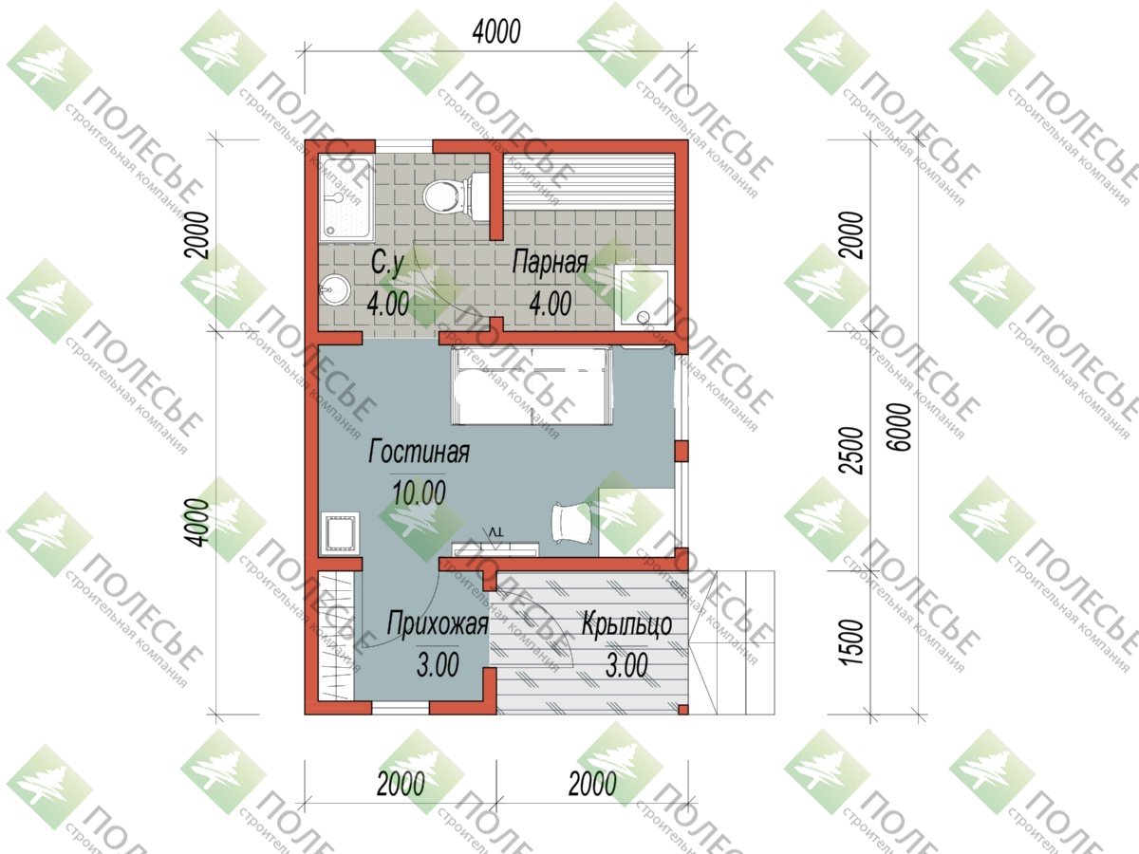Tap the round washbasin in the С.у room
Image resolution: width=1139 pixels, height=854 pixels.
click(x=333, y=289)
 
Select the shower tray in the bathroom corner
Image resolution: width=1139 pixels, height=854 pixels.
click(x=346, y=198)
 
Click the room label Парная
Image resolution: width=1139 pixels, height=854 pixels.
click(x=550, y=263)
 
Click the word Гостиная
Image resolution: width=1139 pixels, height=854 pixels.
click(x=419, y=452)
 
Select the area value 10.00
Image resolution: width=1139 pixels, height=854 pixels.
click(x=419, y=492)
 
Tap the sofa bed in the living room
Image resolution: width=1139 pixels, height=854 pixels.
click(x=532, y=386)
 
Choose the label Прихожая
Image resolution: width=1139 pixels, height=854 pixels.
click(x=438, y=623)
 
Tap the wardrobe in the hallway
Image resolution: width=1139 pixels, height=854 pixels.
click(x=336, y=636)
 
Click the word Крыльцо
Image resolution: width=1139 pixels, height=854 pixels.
click(x=626, y=623)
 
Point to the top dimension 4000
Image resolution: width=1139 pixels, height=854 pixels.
click(x=496, y=31)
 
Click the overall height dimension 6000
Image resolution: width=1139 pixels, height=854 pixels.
click(x=903, y=427)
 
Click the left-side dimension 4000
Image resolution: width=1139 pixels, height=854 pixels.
click(x=198, y=522)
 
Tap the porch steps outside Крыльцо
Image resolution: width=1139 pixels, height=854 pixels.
click(x=732, y=642)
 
